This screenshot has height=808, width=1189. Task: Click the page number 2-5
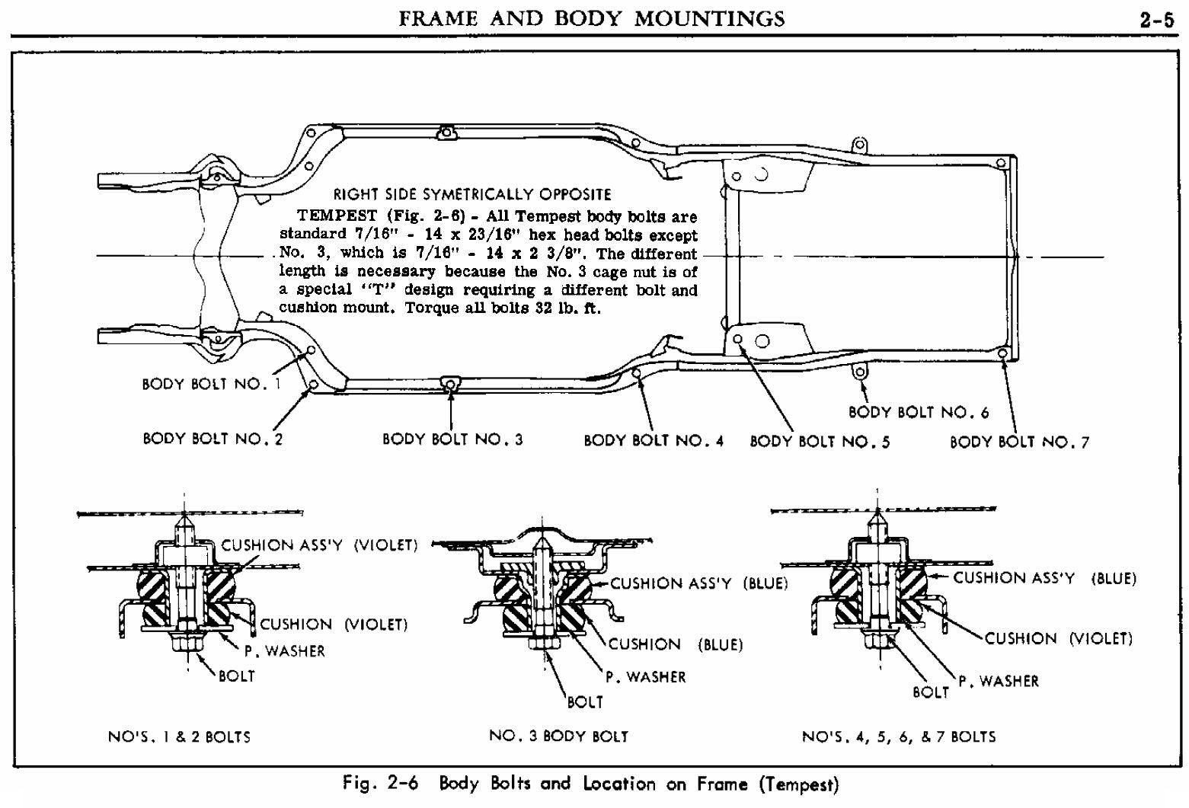(x=1156, y=20)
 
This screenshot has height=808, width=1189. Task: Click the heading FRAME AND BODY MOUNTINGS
(x=591, y=18)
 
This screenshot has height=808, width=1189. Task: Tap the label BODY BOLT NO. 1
(x=211, y=384)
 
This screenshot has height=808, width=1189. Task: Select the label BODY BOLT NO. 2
(x=213, y=439)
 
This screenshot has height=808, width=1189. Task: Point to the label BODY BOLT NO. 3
(x=452, y=439)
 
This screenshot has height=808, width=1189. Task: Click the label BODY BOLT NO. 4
(x=654, y=440)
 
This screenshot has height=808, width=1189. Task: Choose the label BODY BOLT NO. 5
(x=820, y=441)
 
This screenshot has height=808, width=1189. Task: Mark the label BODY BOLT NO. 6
(x=919, y=412)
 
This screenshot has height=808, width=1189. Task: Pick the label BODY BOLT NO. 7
(x=1019, y=442)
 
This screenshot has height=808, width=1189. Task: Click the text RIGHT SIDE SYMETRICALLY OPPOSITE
(x=472, y=194)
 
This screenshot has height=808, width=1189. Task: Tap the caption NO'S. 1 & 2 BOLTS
(x=179, y=736)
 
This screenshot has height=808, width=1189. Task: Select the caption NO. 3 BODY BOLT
(x=558, y=736)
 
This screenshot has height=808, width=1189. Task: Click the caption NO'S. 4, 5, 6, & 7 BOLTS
(x=899, y=736)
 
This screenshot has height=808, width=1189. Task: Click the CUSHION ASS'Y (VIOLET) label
(x=319, y=545)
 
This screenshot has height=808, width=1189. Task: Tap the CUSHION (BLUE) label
(x=675, y=644)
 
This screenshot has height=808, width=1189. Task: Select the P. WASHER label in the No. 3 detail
(x=646, y=676)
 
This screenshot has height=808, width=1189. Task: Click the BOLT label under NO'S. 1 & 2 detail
(x=236, y=675)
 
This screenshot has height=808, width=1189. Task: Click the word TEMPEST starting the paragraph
(x=337, y=216)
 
